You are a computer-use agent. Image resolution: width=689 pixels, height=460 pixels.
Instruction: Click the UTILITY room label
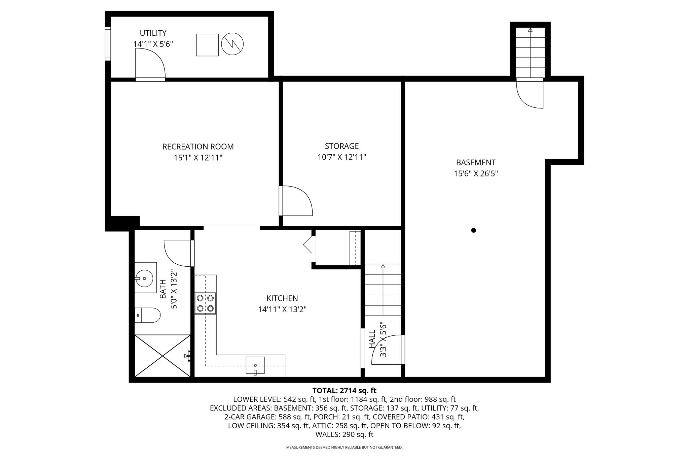click(153, 33)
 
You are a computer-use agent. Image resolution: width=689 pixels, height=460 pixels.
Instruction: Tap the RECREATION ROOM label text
click(198, 147)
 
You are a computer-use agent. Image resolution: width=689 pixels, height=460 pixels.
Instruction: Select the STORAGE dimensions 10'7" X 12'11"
click(342, 157)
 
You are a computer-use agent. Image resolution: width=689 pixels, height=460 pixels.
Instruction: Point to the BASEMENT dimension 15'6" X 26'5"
click(476, 174)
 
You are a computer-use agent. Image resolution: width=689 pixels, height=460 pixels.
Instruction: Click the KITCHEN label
click(282, 298)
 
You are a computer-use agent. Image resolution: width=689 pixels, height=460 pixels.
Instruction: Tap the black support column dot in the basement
click(474, 230)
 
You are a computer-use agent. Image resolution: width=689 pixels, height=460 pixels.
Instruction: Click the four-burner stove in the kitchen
click(205, 303)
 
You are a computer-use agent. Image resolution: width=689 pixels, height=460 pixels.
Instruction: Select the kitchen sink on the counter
click(255, 365)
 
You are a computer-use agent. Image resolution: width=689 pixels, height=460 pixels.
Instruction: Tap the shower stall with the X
click(162, 356)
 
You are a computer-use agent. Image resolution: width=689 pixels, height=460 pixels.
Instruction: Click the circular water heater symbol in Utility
click(232, 44)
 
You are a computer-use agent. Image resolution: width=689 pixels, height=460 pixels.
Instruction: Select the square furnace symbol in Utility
click(208, 45)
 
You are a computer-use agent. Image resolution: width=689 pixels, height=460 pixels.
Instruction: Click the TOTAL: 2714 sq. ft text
click(344, 391)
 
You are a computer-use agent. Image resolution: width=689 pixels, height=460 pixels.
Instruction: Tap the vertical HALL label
click(372, 339)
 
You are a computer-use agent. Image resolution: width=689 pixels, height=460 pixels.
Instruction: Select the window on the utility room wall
click(108, 44)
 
